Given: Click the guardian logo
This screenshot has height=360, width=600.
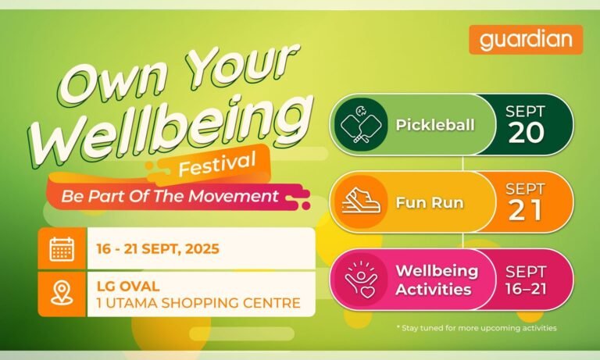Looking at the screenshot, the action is (x=526, y=40).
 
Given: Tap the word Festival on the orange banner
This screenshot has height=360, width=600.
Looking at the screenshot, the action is (x=217, y=164).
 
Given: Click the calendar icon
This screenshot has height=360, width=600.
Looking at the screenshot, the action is (x=62, y=249).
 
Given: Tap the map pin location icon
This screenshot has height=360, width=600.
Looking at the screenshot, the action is (x=62, y=293).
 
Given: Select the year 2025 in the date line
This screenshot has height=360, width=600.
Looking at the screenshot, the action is (x=202, y=249).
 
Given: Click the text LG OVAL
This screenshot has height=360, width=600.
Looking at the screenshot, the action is (x=128, y=286).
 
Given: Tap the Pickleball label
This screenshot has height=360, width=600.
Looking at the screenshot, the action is (x=435, y=125).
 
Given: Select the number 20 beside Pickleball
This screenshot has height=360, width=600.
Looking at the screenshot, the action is (x=526, y=133).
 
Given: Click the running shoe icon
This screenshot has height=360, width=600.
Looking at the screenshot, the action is (x=361, y=201).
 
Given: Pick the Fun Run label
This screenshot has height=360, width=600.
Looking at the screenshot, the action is (x=430, y=203).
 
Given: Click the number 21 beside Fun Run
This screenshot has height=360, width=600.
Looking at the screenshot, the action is (x=525, y=210).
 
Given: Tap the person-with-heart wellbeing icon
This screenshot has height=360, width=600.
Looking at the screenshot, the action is (x=360, y=280).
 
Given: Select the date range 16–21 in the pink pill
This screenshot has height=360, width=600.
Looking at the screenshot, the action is (x=526, y=289).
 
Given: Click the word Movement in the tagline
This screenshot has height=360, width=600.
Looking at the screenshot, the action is (x=233, y=196).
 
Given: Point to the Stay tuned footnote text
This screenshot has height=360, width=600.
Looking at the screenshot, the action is (x=477, y=328).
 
